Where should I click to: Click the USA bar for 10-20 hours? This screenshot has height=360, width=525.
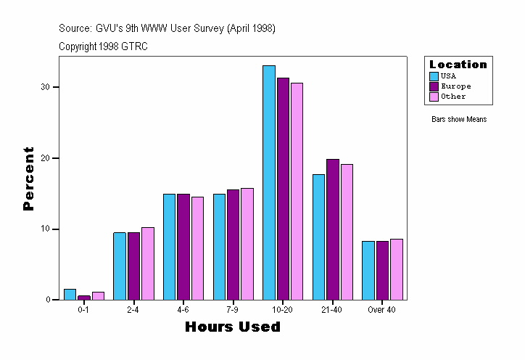coord(269,182)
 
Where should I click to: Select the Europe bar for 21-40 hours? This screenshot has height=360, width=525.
coord(333,229)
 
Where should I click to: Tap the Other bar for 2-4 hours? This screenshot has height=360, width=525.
coord(148,263)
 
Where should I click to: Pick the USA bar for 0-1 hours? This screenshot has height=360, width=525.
coord(70,295)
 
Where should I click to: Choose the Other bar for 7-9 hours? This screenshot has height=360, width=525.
coord(247,244)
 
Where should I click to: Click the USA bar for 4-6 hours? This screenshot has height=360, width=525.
coord(169,247)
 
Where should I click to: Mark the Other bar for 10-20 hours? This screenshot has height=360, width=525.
coord(297,191)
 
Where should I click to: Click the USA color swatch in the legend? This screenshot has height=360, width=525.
coord(434,75)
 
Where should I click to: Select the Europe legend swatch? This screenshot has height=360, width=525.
coord(434,86)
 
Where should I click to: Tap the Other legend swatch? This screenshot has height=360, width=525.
coord(434,96)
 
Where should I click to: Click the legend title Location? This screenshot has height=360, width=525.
coord(458,65)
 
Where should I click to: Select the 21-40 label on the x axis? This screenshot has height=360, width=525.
coord(332,310)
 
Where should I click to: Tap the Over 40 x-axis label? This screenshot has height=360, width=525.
coord(381,310)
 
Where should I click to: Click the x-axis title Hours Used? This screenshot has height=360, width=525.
coord(232,327)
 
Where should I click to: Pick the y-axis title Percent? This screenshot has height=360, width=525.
coord(28,179)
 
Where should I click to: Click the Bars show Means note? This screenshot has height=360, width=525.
coord(459,119)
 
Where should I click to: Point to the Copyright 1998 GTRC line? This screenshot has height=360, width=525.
coord(104,46)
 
